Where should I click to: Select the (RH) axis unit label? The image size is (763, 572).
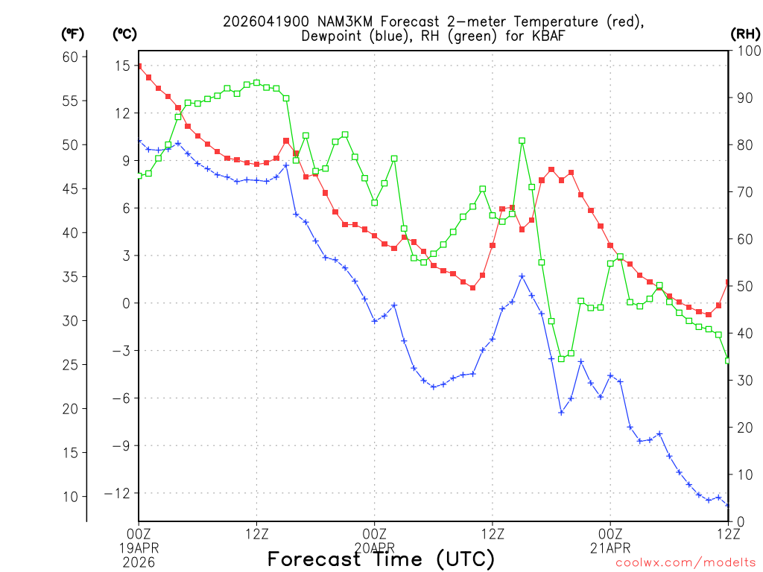(743, 34)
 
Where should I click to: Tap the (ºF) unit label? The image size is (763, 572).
(73, 34)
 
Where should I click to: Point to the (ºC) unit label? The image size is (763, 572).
(125, 34)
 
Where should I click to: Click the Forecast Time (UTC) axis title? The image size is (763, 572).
(381, 559)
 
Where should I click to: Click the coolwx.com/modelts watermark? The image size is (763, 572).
(685, 563)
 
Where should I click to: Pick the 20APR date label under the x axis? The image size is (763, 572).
(374, 547)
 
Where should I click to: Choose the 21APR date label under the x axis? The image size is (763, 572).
(610, 547)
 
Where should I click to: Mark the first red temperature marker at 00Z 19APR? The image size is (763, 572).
(139, 66)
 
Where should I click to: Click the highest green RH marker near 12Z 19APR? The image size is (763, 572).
(256, 83)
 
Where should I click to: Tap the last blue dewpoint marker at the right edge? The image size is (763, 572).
(728, 505)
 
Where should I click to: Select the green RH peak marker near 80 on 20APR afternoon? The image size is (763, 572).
(522, 141)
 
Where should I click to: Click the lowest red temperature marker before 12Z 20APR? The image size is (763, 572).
(472, 287)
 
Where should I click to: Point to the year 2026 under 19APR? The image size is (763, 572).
(139, 559)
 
